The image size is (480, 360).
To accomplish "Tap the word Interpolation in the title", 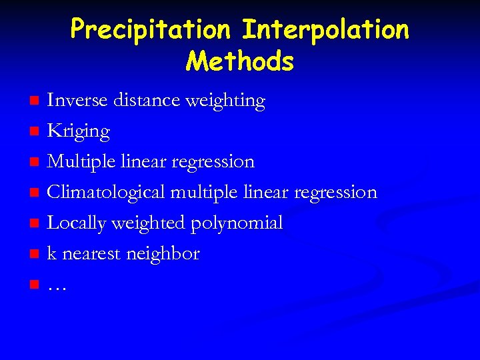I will (325, 29).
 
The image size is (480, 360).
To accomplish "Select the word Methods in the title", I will (240, 61).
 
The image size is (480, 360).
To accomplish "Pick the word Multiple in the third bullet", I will (80, 162).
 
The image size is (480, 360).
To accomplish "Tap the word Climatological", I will (106, 193).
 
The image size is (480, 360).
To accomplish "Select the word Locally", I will (76, 223).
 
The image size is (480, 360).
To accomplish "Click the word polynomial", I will (237, 223).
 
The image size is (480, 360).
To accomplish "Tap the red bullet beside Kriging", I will (35, 132).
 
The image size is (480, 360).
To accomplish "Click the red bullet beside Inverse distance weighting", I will (35, 101).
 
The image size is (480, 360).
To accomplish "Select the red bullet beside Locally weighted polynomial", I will (35, 224).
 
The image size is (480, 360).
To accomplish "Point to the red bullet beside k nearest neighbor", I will (35, 255).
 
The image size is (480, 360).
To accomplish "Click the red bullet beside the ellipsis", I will (35, 285).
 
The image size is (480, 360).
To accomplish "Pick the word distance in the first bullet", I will (146, 100).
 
